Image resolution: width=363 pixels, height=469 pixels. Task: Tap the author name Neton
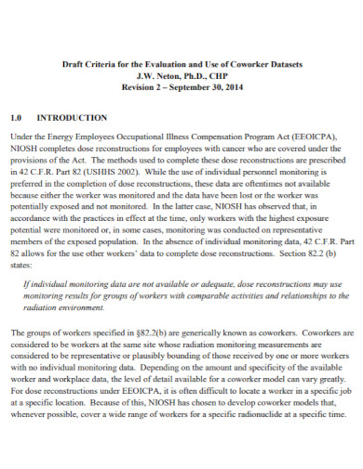pos(164,77)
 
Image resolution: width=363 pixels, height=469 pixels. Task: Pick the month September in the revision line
pos(184,89)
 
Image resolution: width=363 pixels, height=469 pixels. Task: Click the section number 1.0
pos(16,118)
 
